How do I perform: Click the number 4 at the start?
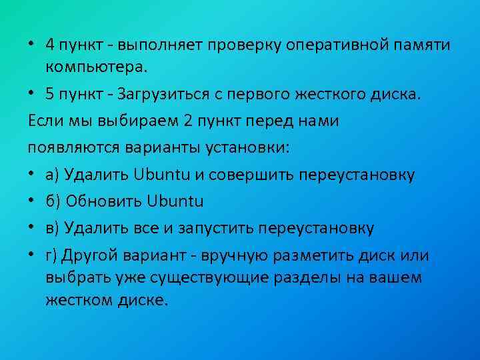point(51,45)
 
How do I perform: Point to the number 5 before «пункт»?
point(51,93)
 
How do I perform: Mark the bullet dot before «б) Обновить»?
point(33,201)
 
